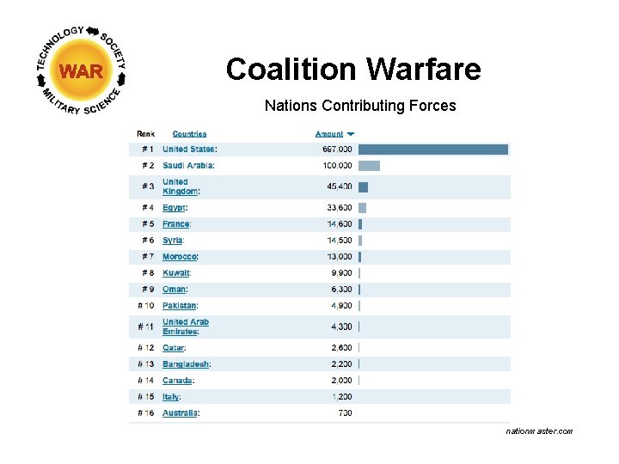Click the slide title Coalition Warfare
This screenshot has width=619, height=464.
[x=353, y=69]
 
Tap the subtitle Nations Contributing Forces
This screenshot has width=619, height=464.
[x=360, y=107]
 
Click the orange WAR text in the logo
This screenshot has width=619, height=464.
[x=82, y=71]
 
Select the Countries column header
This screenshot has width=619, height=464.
[x=189, y=134]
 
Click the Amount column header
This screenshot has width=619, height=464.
[x=329, y=134]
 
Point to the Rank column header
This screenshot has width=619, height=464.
[x=146, y=134]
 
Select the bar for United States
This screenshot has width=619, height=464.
[x=433, y=150]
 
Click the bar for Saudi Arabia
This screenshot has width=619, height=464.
[x=369, y=166]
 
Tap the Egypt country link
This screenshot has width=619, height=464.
[x=174, y=208]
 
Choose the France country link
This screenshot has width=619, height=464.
[x=175, y=224]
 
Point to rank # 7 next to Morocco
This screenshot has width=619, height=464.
[x=146, y=257]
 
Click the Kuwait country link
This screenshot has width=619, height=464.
[x=175, y=273]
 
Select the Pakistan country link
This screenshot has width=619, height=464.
[x=179, y=306]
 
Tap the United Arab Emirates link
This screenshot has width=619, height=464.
[x=186, y=327]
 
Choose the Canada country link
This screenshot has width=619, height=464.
[x=177, y=381]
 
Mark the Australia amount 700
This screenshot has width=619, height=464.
[x=345, y=413]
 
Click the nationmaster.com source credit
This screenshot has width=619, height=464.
[x=539, y=431]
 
